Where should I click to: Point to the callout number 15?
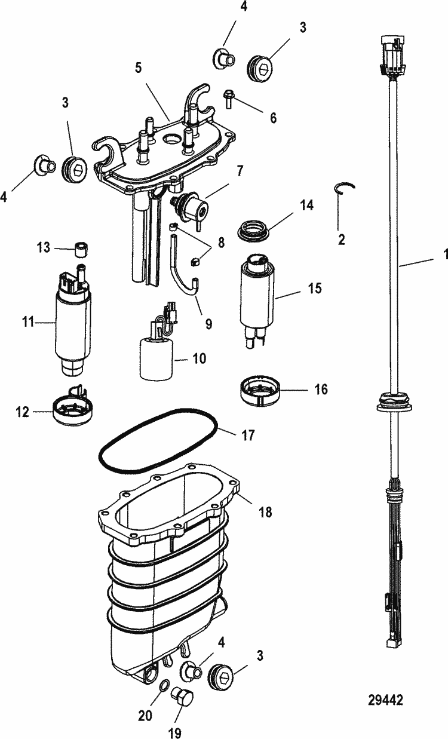315,289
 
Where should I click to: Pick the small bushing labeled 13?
81,247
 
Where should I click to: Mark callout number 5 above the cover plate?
138,69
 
